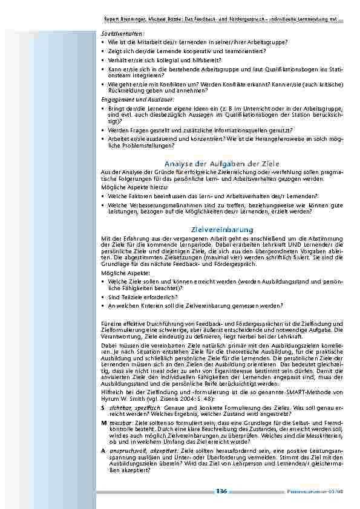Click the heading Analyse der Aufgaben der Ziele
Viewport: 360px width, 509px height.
coord(221,164)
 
